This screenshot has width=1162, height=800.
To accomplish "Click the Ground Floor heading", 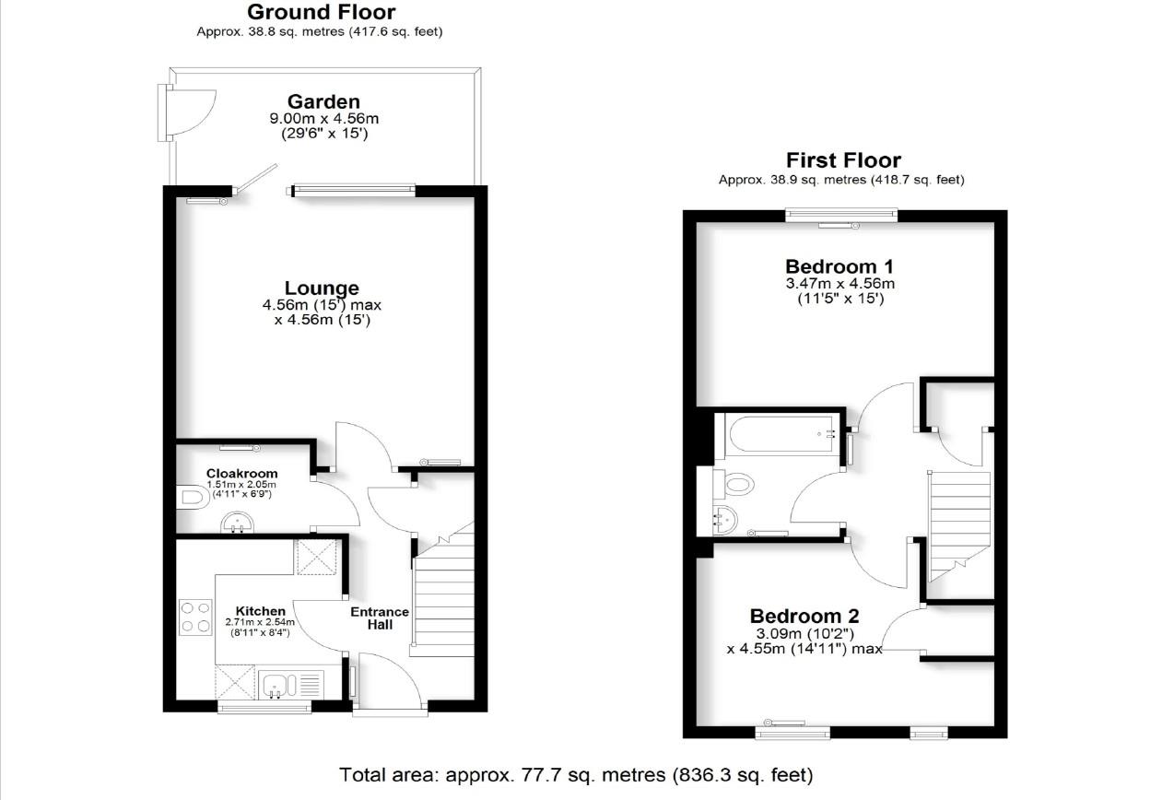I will [x=322, y=12].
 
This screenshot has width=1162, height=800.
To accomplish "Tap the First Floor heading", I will [x=843, y=160].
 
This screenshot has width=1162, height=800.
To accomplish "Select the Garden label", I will [x=323, y=101].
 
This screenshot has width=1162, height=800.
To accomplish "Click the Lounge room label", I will [x=322, y=288].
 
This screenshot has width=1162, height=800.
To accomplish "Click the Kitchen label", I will [x=261, y=611].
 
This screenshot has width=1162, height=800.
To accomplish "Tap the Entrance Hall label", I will [x=380, y=618].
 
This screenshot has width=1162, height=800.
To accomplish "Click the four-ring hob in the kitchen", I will [x=195, y=617].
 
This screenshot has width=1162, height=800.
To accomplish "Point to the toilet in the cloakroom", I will [x=190, y=499].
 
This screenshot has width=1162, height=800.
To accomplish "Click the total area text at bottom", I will [x=577, y=774].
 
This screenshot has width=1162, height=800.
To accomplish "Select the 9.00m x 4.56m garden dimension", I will [x=323, y=118].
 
